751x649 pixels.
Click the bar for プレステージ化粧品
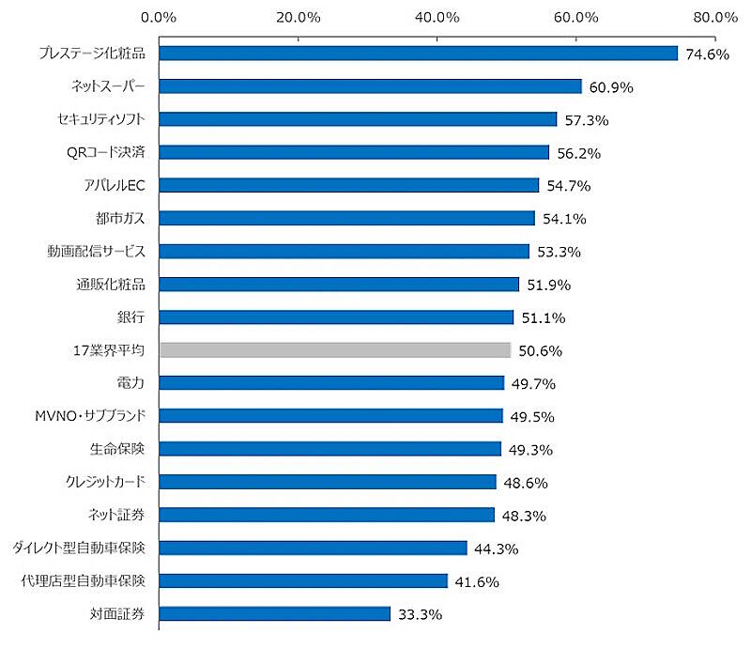[x=418, y=54]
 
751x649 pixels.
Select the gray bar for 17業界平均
[x=335, y=350]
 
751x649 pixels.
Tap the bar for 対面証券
[x=274, y=614]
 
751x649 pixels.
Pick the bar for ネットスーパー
[x=370, y=86]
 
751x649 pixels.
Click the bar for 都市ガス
[x=346, y=219]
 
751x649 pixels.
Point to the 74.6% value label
[x=708, y=54]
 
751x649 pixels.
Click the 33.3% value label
[x=420, y=615]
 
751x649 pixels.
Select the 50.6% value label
[x=541, y=351]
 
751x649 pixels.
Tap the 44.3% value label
[x=497, y=549]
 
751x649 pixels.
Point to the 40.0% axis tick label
[x=437, y=17]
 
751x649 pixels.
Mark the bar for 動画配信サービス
[x=344, y=252]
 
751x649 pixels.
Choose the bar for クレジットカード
[x=328, y=482]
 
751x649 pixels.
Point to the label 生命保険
[x=117, y=449]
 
